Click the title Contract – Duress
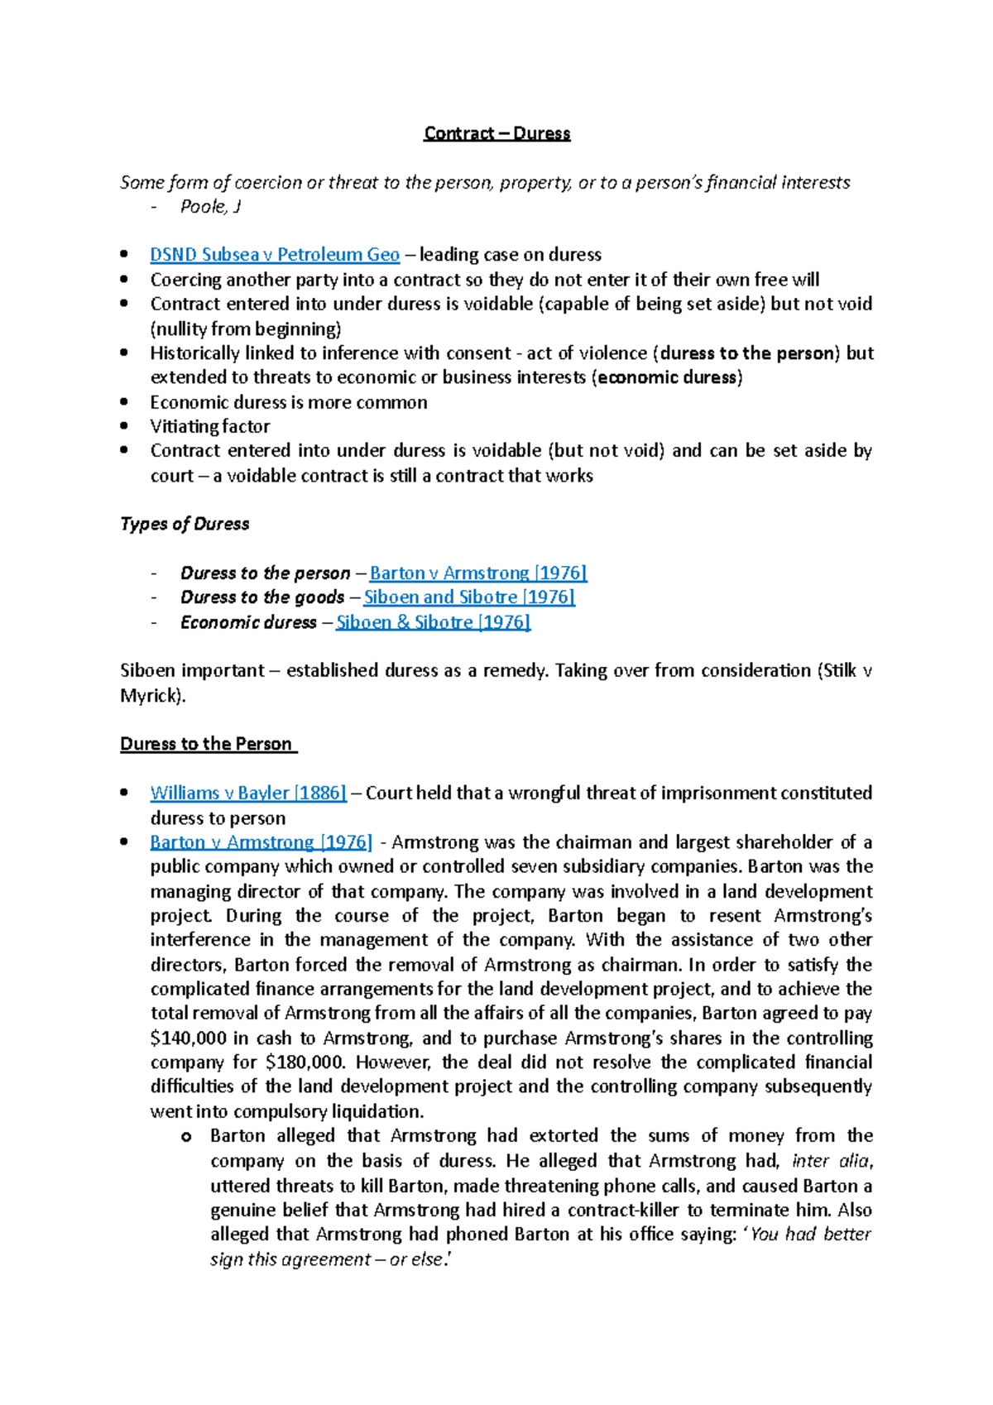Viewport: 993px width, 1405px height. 496,133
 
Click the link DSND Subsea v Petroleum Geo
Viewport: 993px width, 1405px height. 274,255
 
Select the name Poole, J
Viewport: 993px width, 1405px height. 210,207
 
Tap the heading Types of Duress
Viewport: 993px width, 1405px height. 185,524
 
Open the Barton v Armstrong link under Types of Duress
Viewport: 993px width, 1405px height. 477,573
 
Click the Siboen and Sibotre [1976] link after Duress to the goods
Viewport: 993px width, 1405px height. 469,597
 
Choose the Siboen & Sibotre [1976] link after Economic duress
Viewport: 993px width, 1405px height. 433,621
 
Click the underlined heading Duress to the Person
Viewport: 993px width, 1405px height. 207,743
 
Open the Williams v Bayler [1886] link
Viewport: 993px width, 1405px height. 247,793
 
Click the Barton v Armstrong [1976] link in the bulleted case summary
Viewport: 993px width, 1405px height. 261,842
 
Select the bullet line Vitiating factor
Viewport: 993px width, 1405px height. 209,426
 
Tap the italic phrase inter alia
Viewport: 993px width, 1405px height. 830,1160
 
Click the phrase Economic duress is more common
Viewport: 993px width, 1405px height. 288,402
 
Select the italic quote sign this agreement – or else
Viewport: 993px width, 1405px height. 328,1259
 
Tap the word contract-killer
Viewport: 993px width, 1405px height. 621,1210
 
